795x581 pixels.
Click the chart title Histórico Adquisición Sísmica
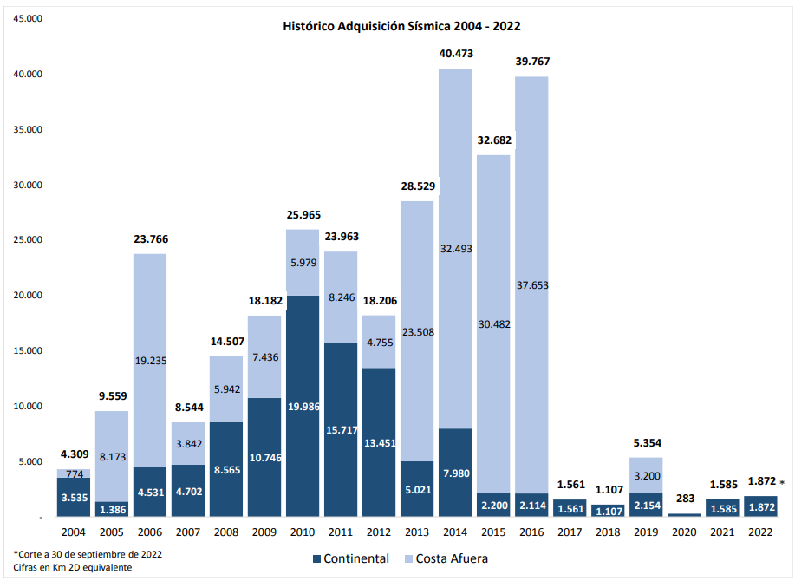point(401,26)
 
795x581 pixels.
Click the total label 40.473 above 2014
point(456,54)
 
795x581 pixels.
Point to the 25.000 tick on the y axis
point(28,240)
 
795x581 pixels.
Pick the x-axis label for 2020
point(684,531)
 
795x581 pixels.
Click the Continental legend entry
point(348,558)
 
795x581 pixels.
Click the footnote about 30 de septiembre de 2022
point(88,553)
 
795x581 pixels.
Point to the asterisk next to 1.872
point(782,483)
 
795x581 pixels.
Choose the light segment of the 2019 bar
point(646,475)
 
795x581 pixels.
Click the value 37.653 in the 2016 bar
point(531,284)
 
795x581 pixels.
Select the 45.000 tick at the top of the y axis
point(28,19)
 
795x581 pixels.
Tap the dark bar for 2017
point(570,509)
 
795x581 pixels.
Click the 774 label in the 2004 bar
point(74,473)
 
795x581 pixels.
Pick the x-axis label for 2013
point(417,531)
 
